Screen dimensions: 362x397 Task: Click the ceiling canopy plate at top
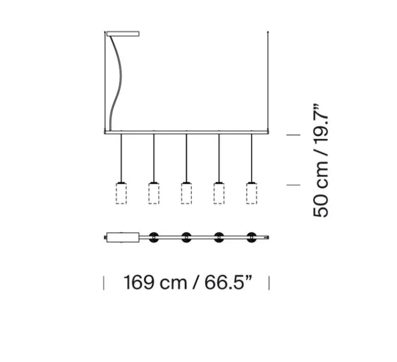point(123,35)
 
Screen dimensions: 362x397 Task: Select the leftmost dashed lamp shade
point(122,193)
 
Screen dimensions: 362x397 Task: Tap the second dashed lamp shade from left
point(154,193)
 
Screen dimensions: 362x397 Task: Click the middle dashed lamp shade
point(186,193)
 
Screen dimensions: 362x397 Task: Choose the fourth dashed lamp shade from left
point(219,193)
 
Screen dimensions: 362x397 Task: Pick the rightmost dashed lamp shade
point(251,193)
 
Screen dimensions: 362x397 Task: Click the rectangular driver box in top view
point(123,237)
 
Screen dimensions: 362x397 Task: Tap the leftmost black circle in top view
point(154,237)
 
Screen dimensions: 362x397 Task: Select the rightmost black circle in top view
point(251,237)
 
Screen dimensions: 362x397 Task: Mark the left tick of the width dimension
point(104,282)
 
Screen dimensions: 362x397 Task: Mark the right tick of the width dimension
point(269,282)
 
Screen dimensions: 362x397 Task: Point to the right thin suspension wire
point(267,80)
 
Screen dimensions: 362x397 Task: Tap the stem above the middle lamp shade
point(186,158)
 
